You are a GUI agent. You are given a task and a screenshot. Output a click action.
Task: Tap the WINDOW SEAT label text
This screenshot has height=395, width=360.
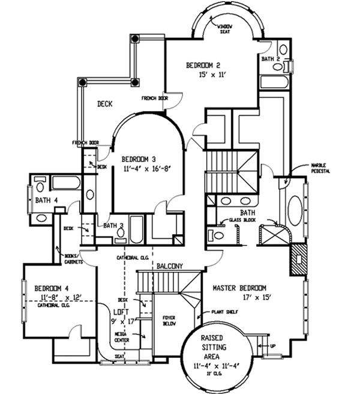[225, 29]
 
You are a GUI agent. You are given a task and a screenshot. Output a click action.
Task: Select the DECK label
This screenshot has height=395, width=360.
[105, 104]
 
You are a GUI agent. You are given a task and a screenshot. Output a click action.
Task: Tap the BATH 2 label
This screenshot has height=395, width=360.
[271, 59]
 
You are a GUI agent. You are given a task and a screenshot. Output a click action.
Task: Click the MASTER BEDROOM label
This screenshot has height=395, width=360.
[239, 288]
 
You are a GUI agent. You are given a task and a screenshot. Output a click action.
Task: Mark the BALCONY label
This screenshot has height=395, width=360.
[169, 265]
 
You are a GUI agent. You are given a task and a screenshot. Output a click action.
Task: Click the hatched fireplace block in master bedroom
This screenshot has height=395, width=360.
[298, 259]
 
